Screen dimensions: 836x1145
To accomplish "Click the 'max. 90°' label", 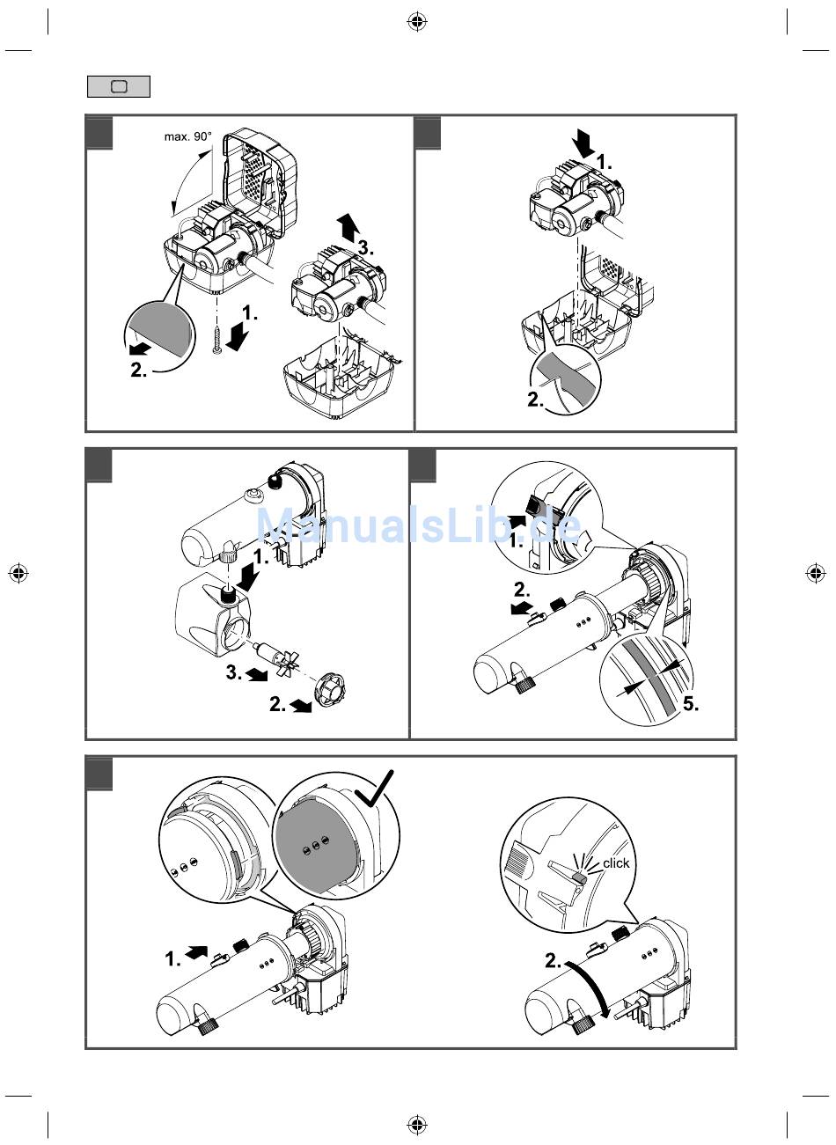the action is coord(187,136).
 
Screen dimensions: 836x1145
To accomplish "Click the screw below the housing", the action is coord(216,338).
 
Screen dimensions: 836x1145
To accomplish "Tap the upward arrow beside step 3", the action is coord(348,227).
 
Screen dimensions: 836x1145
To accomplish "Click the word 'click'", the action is coord(616,863).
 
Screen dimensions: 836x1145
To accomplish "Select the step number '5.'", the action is coord(691,704).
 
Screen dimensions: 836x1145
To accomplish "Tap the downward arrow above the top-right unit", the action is coord(582,142).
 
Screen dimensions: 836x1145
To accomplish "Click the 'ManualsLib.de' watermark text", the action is coord(418,526).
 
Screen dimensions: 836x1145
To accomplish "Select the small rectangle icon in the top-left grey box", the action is coord(119,86).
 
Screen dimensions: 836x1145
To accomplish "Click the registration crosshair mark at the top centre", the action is coord(417,22).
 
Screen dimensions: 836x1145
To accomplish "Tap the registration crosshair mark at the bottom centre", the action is coord(417,1123).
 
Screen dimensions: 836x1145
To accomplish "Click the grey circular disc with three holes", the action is coord(315,847).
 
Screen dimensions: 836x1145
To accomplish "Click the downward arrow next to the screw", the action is coord(237,335).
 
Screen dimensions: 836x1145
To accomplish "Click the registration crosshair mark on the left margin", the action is coord(18,573).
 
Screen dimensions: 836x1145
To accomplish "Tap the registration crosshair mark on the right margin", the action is coord(816,573).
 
